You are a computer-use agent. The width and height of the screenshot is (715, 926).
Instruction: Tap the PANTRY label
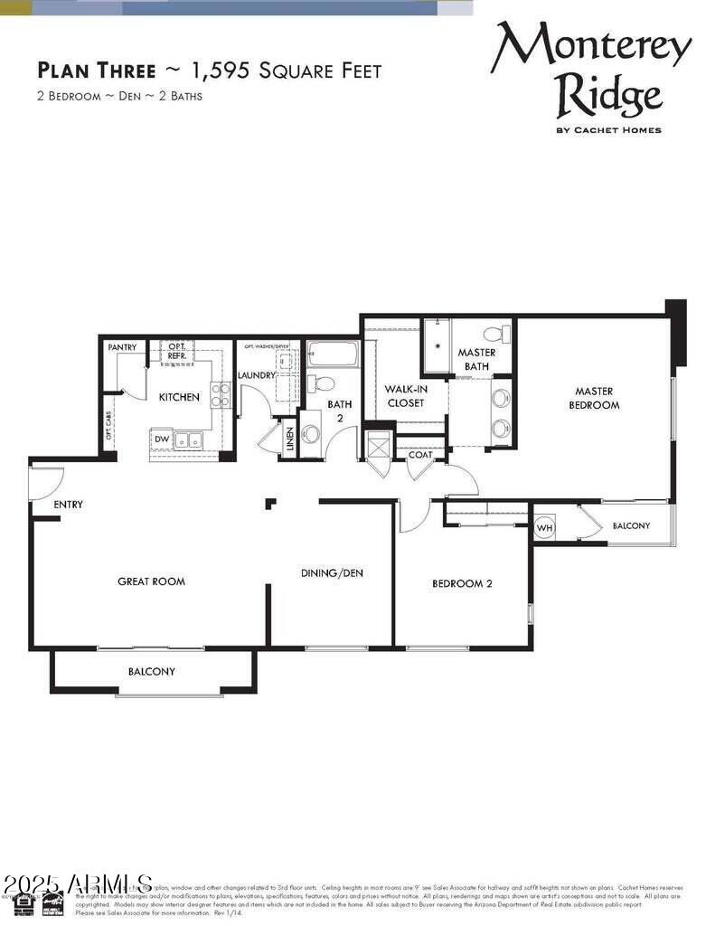tap(122, 347)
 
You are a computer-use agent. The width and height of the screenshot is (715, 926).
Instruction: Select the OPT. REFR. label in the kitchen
tap(177, 352)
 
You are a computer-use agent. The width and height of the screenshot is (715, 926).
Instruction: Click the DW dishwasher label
tap(162, 439)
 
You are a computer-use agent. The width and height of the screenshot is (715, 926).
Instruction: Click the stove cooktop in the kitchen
tap(221, 394)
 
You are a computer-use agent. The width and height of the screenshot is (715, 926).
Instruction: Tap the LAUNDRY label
tap(257, 375)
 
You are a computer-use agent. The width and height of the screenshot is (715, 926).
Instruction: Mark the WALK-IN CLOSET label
tap(405, 396)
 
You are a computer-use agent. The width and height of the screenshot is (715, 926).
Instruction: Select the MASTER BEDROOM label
tap(594, 398)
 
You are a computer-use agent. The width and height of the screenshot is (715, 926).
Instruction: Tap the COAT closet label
tap(420, 455)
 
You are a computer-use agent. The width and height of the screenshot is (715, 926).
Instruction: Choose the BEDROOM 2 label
tap(462, 583)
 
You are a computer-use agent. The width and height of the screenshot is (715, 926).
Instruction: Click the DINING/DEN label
tap(332, 573)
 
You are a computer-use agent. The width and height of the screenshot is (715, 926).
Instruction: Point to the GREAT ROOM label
tap(151, 581)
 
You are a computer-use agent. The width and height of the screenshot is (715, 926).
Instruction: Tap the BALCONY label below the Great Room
tap(151, 672)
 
